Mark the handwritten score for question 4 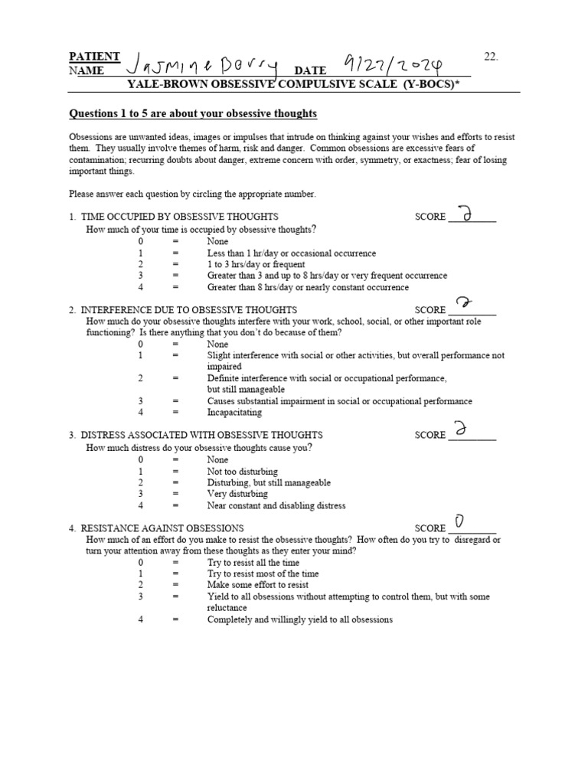459,522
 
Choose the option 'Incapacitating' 234,412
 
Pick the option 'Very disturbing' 238,494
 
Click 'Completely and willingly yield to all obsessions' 299,619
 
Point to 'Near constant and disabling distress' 276,505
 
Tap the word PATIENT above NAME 94,57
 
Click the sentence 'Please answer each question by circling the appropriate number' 192,194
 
